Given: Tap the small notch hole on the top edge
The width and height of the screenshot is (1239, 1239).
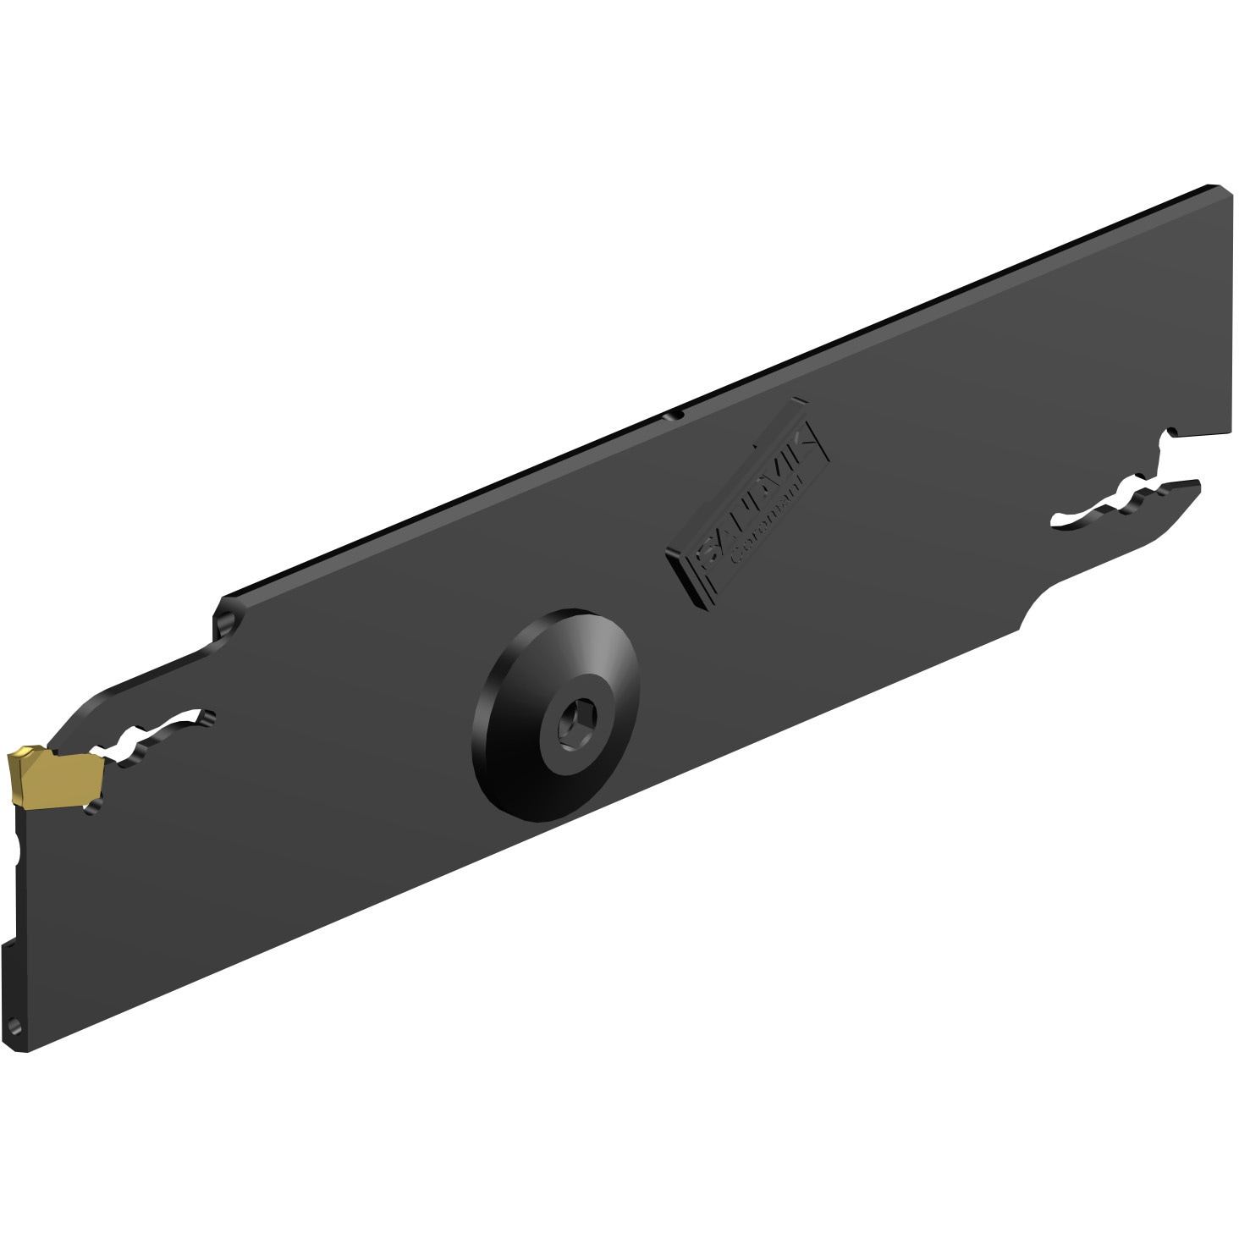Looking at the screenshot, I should coord(675,415).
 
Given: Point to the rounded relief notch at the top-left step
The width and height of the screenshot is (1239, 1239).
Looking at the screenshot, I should coord(225,624).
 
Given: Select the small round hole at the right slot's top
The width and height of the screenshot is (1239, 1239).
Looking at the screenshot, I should coord(1171,434).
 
